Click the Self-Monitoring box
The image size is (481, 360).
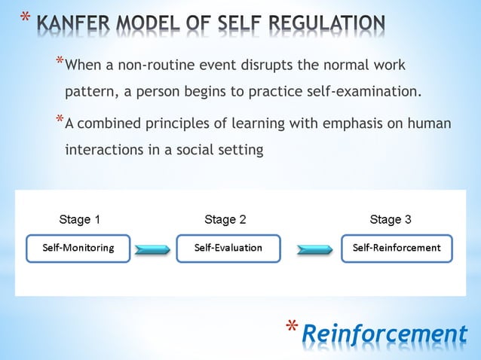coord(78,248)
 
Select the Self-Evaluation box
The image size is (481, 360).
coord(228,248)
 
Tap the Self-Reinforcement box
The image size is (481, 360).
coord(397,248)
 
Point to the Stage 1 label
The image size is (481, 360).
coord(80,220)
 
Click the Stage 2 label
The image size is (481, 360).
coord(225,220)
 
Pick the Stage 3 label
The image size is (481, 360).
coord(391,220)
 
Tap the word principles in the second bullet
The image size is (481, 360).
coord(172,123)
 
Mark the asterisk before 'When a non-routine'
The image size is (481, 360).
coord(59,60)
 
